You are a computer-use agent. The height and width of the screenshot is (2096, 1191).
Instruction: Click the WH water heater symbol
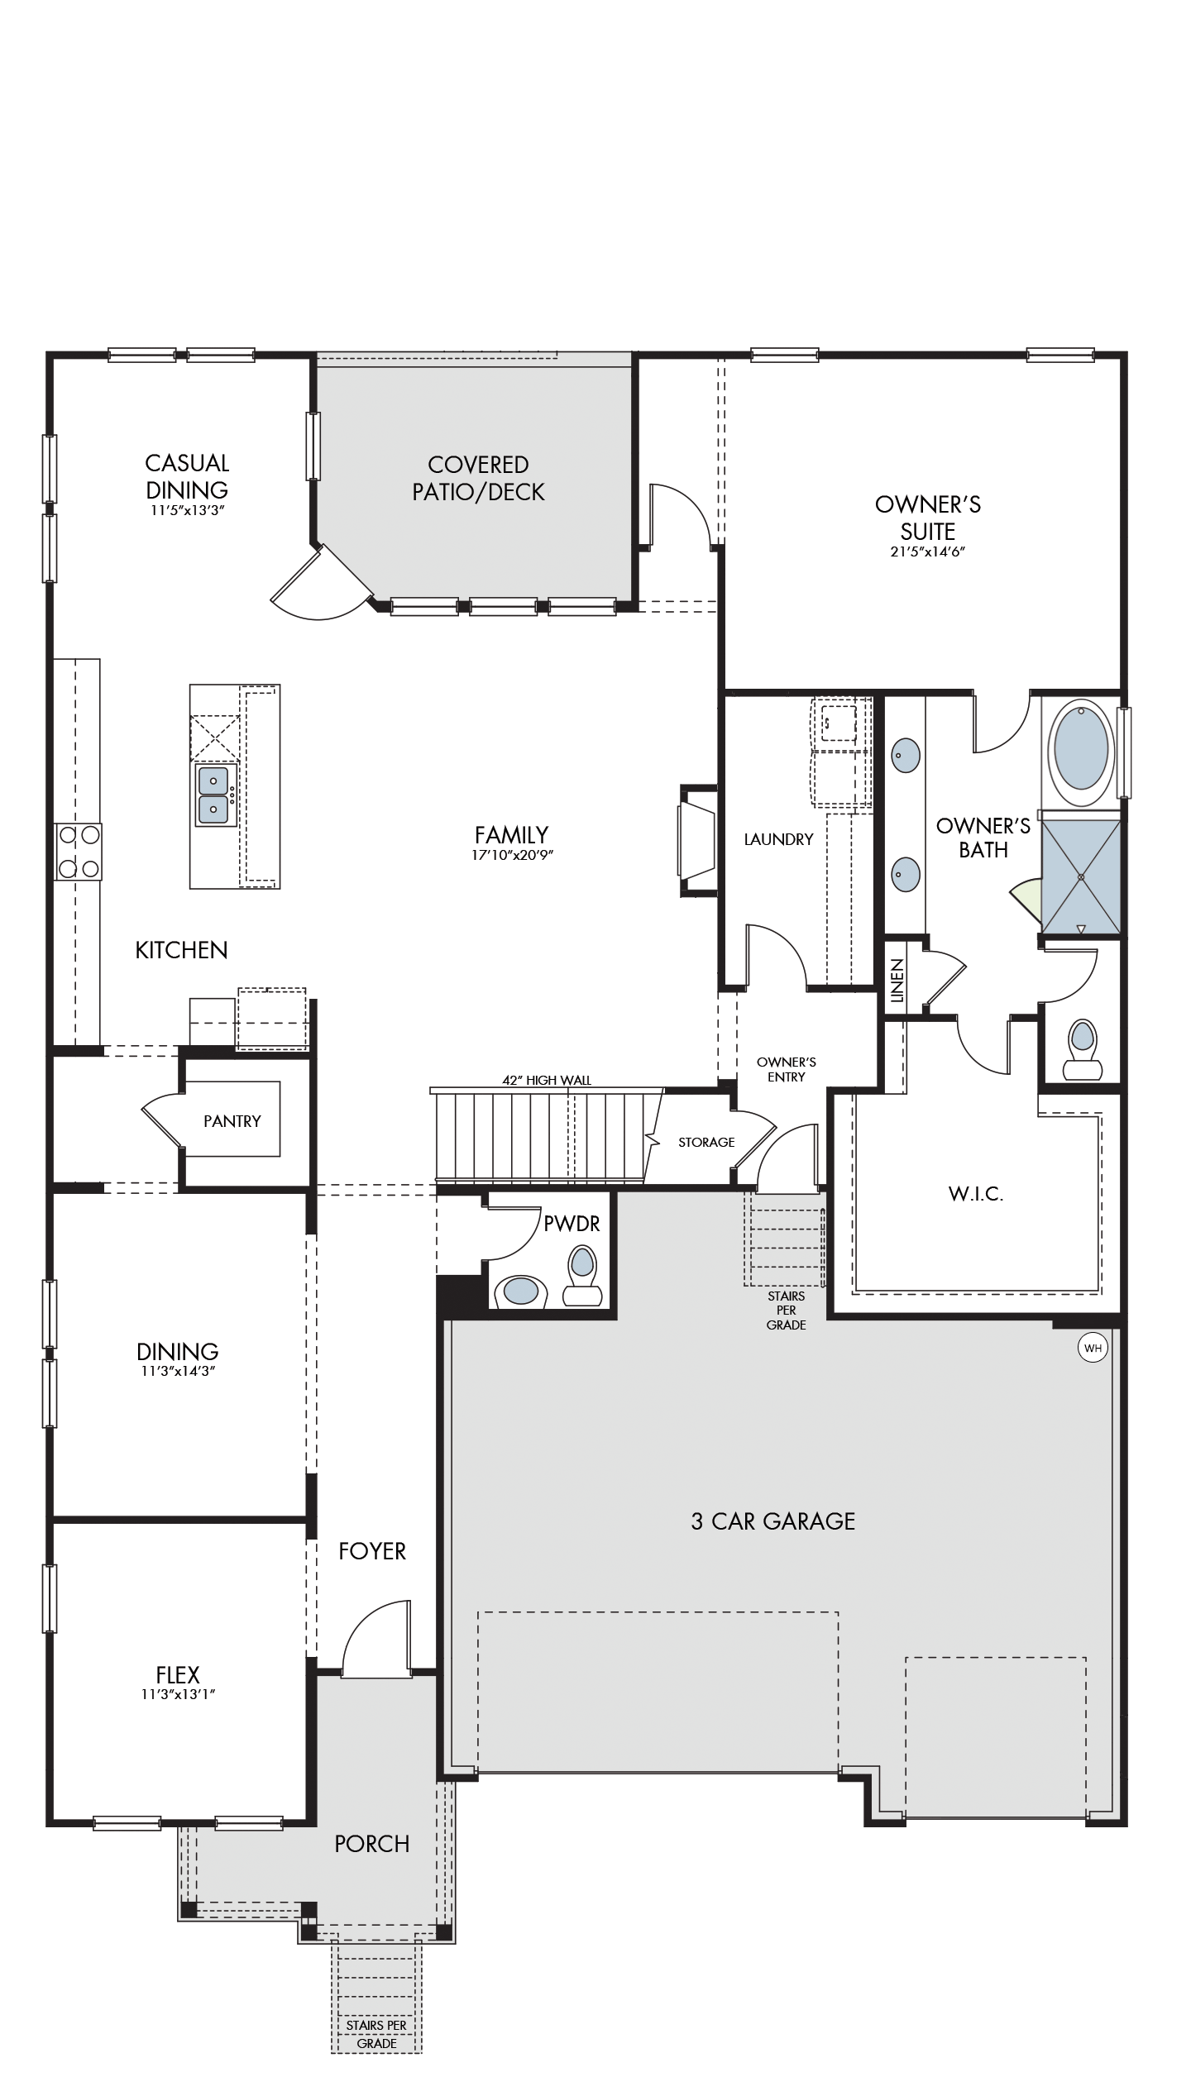point(1093,1349)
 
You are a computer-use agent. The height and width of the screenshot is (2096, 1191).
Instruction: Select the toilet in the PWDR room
point(582,1277)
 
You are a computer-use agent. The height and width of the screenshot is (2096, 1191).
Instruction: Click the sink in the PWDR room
point(520,1291)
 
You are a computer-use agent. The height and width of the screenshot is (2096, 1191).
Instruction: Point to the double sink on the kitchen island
point(214,795)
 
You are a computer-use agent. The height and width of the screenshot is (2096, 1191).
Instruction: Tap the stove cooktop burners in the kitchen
point(79,852)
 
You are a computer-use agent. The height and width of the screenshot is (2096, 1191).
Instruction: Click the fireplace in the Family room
point(697,839)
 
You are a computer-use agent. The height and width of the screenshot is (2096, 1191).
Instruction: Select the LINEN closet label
point(897,981)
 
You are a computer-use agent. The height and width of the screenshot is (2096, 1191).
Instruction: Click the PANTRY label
point(232,1121)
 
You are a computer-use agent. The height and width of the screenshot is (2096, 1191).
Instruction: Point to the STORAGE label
point(706,1142)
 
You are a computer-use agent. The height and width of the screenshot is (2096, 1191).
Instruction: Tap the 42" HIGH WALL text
point(547,1080)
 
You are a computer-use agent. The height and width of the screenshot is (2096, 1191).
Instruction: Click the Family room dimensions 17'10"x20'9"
point(512,855)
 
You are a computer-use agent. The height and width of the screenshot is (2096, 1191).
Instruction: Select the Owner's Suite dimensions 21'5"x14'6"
point(928,551)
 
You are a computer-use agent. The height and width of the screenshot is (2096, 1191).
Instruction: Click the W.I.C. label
point(976,1194)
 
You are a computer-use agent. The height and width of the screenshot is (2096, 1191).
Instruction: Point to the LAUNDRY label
point(778,839)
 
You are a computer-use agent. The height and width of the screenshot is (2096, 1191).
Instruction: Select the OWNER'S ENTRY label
point(787,1069)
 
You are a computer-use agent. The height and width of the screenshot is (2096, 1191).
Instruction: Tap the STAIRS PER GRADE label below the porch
point(377,2041)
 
